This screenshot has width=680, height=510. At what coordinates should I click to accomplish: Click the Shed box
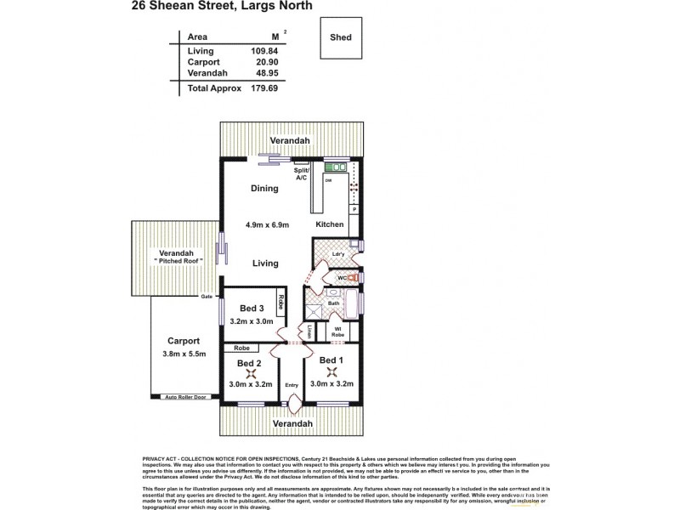342,37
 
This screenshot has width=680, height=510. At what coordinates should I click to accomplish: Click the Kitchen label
330,224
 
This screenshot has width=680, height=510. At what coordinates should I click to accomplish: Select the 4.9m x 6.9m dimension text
268,224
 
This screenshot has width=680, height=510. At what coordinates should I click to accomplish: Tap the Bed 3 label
252,308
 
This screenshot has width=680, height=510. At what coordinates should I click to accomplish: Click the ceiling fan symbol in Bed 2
251,371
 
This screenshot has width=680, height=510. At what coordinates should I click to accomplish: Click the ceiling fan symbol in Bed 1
331,371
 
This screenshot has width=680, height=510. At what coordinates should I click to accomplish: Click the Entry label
292,383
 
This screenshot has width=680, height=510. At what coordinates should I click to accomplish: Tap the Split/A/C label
301,174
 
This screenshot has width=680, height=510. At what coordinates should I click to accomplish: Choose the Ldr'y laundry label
337,254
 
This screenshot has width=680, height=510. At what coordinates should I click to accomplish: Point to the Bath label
334,303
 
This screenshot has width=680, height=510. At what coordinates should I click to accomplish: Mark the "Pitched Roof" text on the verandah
178,261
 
